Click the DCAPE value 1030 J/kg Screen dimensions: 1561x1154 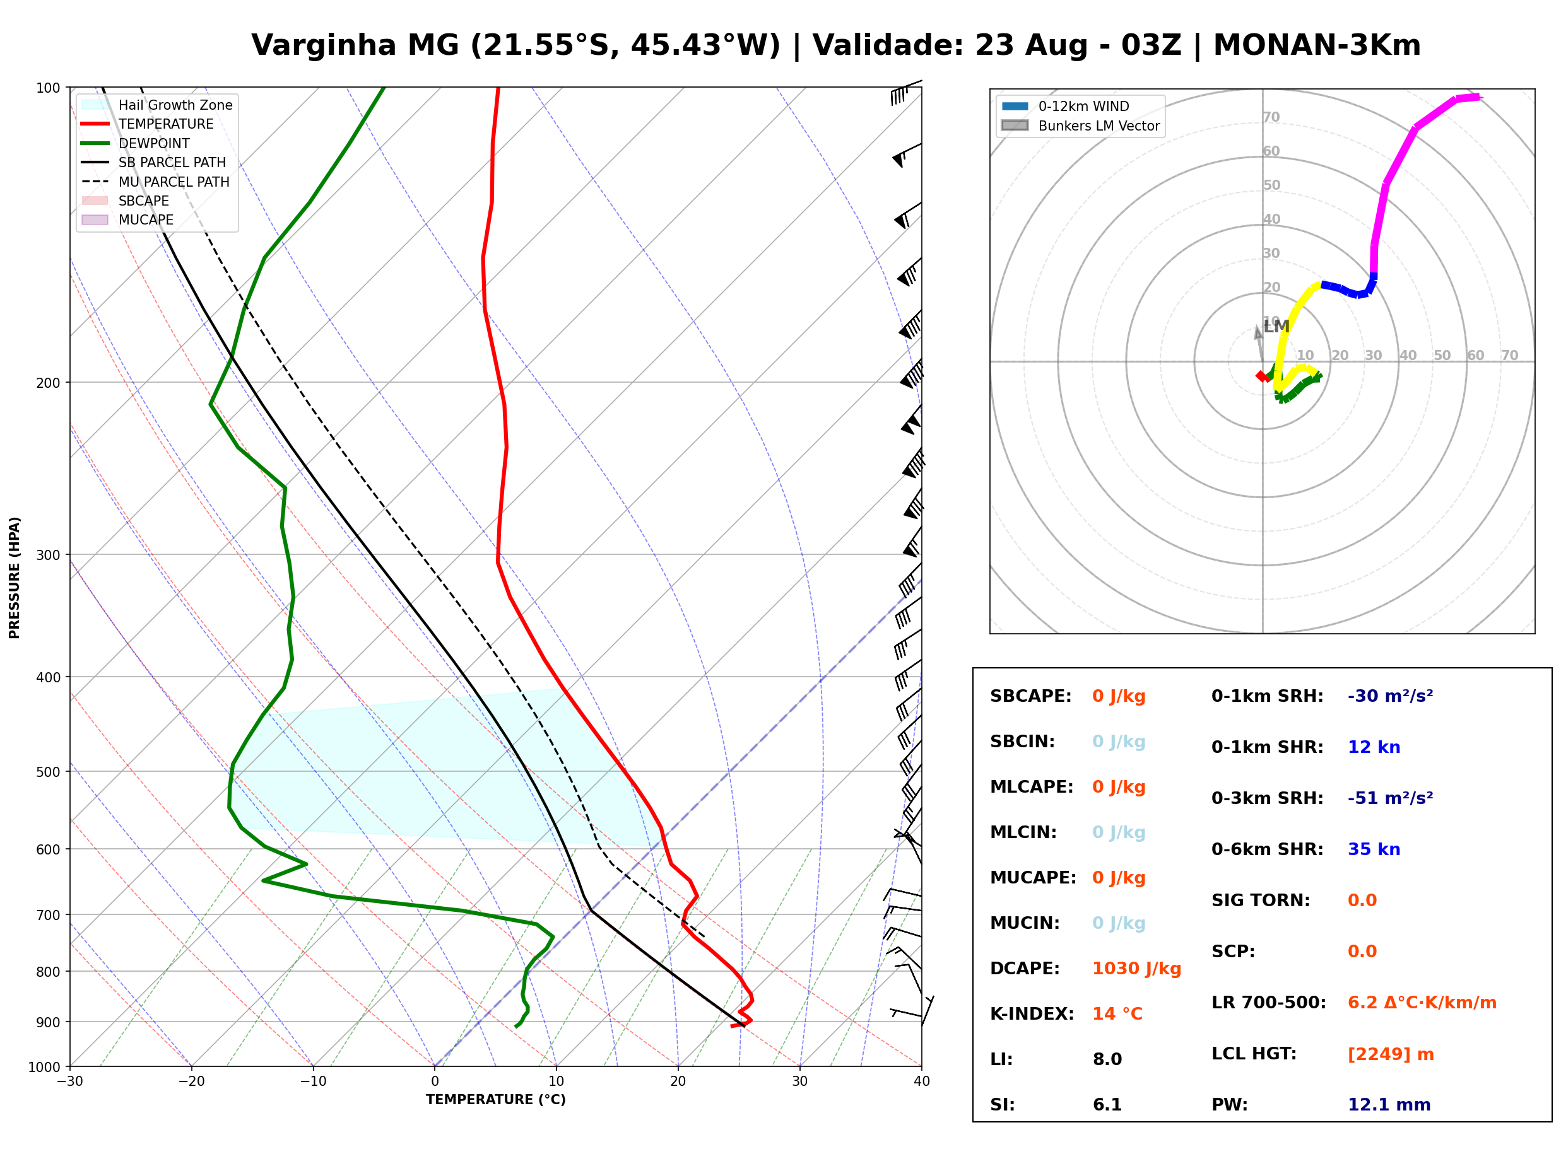(1136, 969)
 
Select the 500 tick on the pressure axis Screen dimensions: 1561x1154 (48, 772)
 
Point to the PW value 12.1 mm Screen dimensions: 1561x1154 (1389, 1105)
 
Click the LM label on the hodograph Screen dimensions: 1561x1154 (1276, 327)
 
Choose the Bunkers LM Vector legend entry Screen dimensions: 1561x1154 (1080, 125)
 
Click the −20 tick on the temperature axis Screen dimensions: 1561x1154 (191, 1081)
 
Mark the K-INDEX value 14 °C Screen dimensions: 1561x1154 (1117, 1014)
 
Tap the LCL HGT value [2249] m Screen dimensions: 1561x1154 (1391, 1054)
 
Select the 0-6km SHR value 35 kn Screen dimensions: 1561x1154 (1374, 849)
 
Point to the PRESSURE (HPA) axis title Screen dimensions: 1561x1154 (15, 578)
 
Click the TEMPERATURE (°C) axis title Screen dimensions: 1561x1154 (496, 1100)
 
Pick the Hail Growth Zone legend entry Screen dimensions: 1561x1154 (156, 105)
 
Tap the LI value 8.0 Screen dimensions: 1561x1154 (1107, 1059)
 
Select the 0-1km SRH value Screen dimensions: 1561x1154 (1391, 696)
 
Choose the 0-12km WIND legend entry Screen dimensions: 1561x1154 (1065, 106)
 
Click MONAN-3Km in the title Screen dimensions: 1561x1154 (1316, 46)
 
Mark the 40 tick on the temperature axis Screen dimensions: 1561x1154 (922, 1081)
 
